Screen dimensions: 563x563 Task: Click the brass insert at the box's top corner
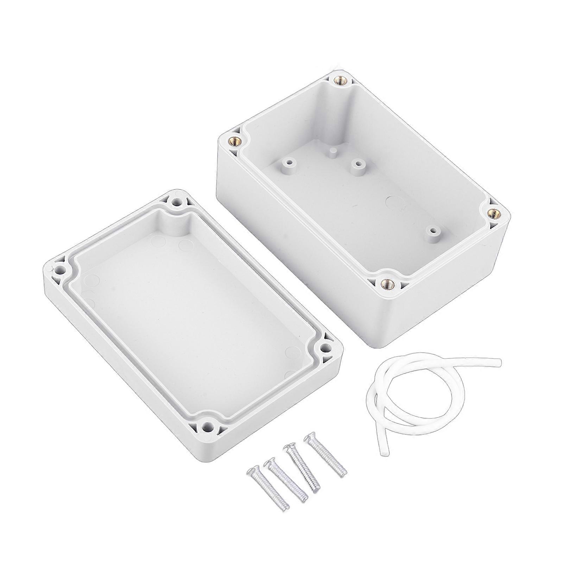point(340,81)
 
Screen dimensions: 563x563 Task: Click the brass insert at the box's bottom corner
point(387,283)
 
